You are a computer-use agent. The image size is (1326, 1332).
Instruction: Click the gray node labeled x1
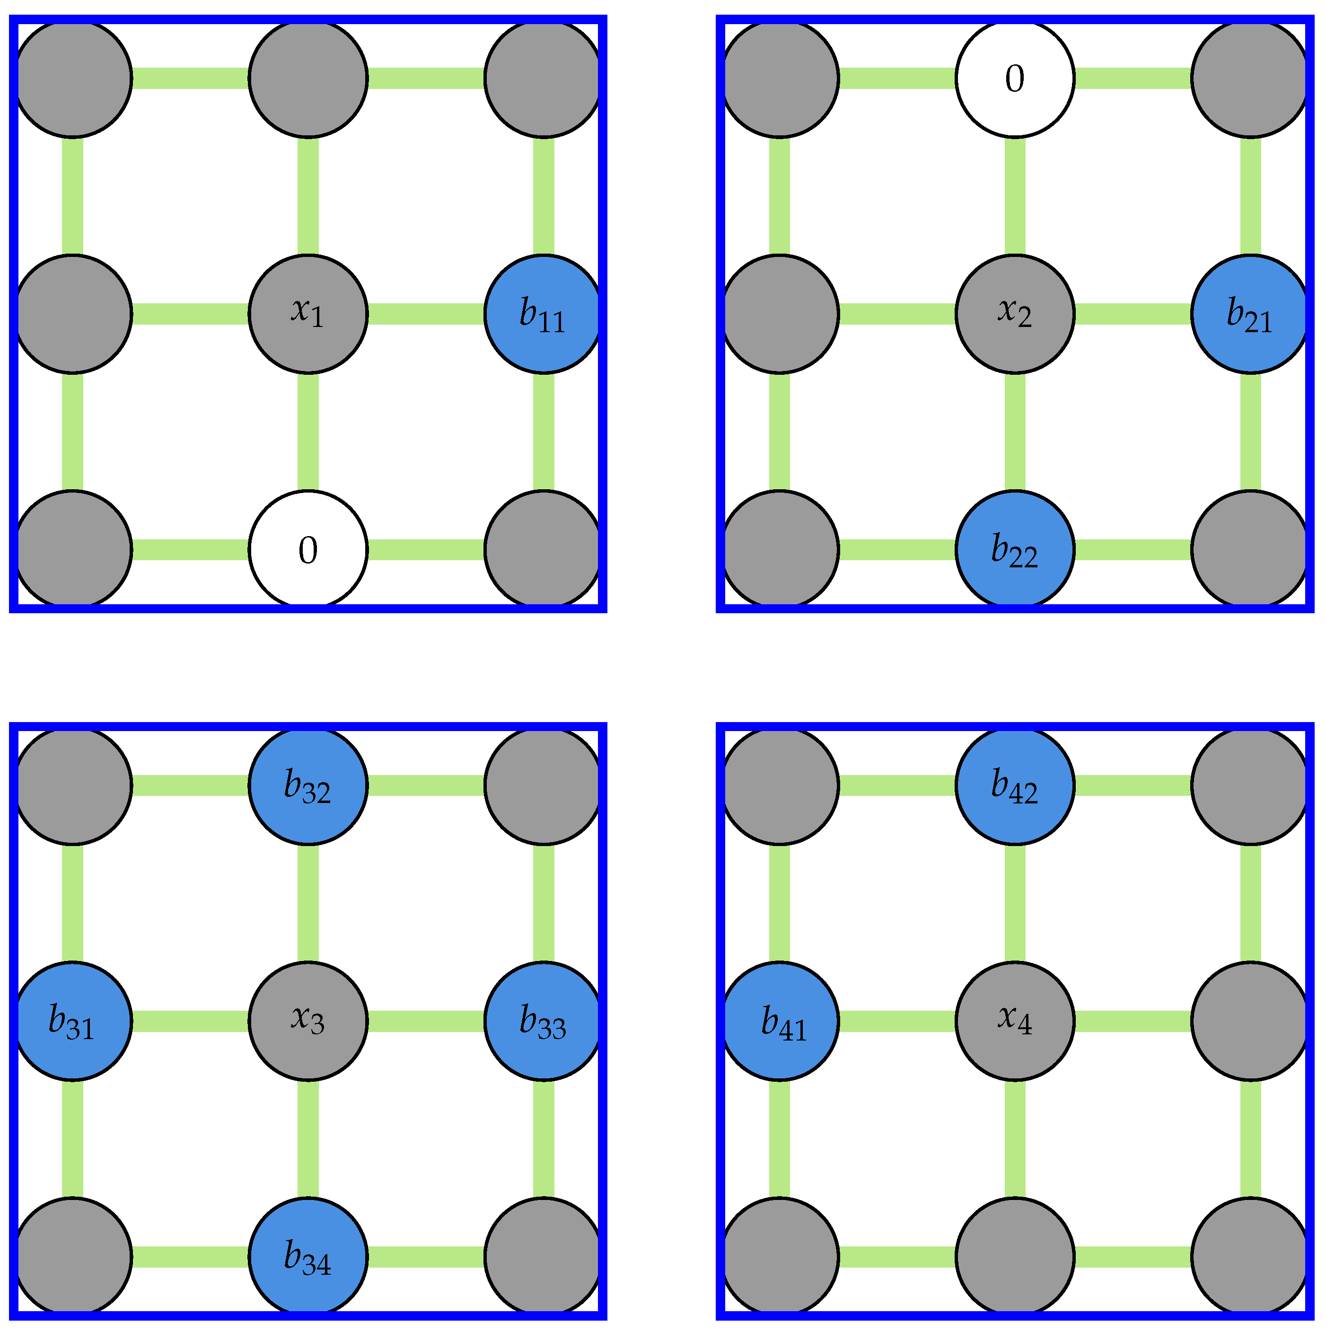pyautogui.click(x=308, y=314)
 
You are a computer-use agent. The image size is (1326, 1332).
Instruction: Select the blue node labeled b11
pyautogui.click(x=543, y=314)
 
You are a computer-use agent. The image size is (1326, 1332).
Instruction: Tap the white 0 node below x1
pyautogui.click(x=308, y=549)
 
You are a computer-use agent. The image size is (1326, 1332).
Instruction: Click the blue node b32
pyautogui.click(x=308, y=785)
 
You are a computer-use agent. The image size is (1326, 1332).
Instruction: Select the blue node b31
pyautogui.click(x=73, y=1021)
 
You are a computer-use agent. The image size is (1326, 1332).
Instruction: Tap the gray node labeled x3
pyautogui.click(x=308, y=1021)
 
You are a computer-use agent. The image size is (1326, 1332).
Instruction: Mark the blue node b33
pyautogui.click(x=543, y=1021)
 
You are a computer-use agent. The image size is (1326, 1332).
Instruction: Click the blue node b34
pyautogui.click(x=308, y=1256)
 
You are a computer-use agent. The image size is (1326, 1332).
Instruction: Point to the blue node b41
pyautogui.click(x=780, y=1021)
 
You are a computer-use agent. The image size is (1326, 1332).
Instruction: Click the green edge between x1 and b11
pyautogui.click(x=426, y=314)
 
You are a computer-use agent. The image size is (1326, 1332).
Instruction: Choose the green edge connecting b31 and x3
pyautogui.click(x=190, y=1021)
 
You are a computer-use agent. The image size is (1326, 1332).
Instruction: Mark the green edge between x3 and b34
pyautogui.click(x=308, y=1139)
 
